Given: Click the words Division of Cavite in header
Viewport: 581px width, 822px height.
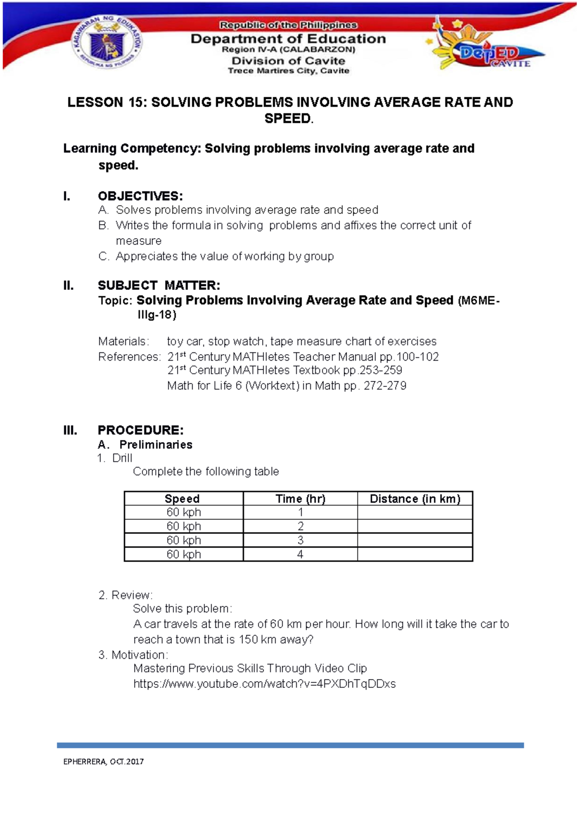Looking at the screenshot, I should coord(288,61).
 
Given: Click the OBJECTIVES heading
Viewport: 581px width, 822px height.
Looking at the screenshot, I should coord(140,196).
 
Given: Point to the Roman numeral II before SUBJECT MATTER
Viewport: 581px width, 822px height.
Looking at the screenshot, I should coord(68,286).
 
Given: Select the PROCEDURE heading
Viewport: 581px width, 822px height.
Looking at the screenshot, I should coord(140,430).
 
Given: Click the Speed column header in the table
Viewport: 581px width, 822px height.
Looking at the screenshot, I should coord(182,499).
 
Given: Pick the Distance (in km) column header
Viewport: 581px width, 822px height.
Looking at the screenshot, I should coord(415,499).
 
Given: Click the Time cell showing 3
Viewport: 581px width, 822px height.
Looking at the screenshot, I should coord(300,540).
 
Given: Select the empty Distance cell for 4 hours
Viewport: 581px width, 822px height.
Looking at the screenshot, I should coord(415,554).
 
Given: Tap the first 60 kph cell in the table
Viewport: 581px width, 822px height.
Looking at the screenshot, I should coord(183,512).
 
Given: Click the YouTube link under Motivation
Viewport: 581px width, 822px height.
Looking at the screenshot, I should coord(264,684).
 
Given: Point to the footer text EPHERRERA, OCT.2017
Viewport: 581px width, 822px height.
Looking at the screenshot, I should coord(103,761).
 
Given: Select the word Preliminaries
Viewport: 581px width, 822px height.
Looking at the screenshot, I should coord(156,444).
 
